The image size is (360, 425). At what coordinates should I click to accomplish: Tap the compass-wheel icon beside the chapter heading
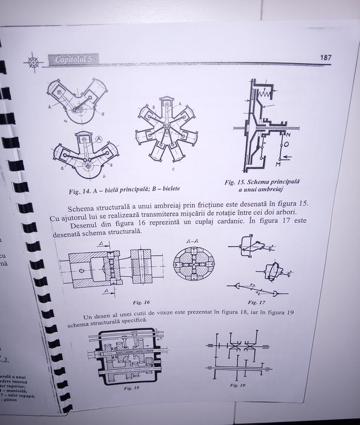[x=33, y=61]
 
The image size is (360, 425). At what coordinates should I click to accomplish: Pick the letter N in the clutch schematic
[x=288, y=134]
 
